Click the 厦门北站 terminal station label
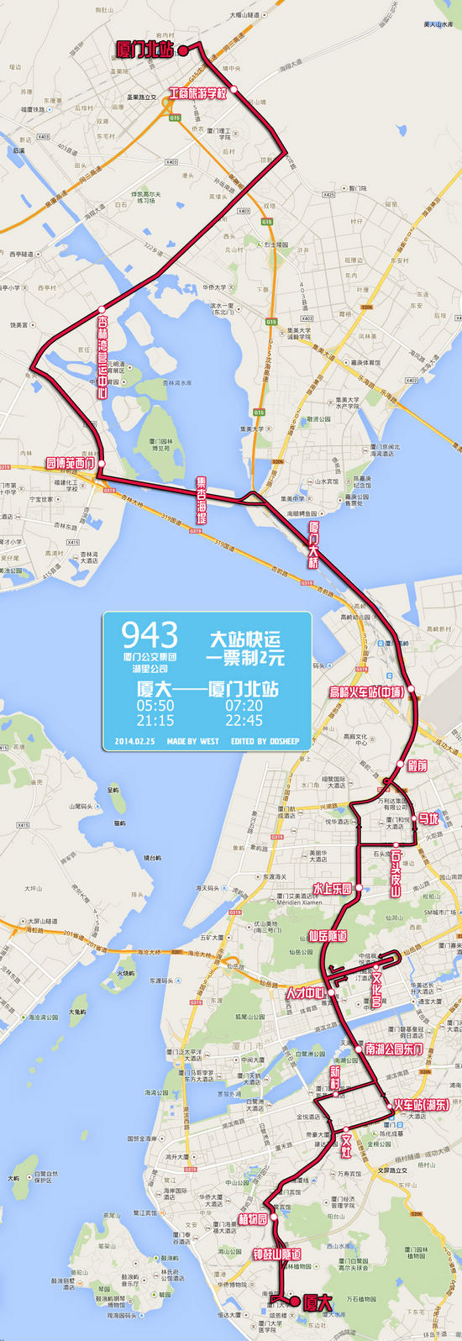(144, 50)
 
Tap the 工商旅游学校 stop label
(198, 93)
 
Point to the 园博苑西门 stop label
(71, 463)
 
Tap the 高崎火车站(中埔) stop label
(366, 692)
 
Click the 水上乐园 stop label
(332, 888)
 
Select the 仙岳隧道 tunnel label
(327, 935)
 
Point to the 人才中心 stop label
(305, 993)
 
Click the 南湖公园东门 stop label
(393, 1049)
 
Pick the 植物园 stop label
(253, 1219)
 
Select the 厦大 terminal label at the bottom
(318, 1302)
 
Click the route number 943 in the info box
(150, 635)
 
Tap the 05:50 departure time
(155, 706)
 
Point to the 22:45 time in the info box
(244, 720)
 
